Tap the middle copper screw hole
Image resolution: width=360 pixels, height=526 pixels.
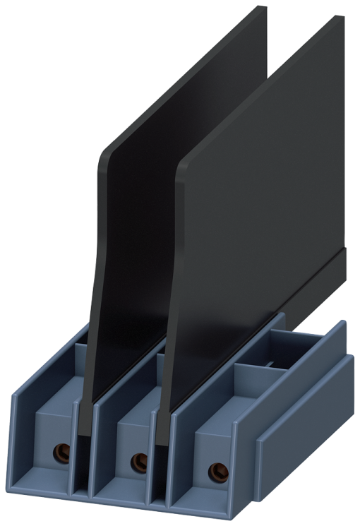[139, 462]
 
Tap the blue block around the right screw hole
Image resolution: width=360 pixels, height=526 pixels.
[212, 452]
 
